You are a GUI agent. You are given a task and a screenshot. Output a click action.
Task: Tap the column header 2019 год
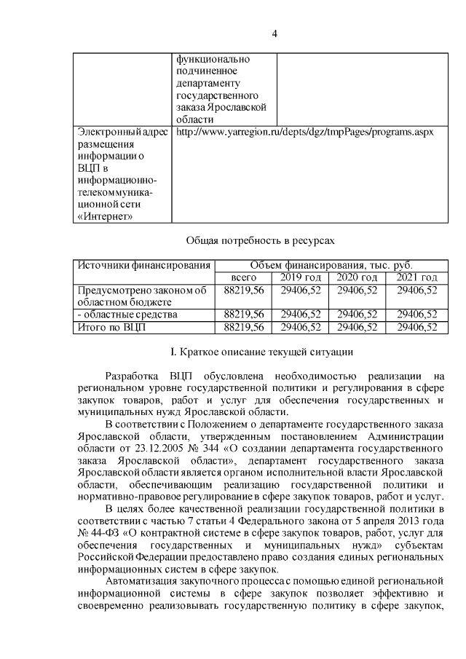300,278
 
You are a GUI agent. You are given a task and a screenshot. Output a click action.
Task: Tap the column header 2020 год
357,278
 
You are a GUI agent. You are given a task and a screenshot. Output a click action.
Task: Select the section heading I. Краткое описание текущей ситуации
261,353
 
